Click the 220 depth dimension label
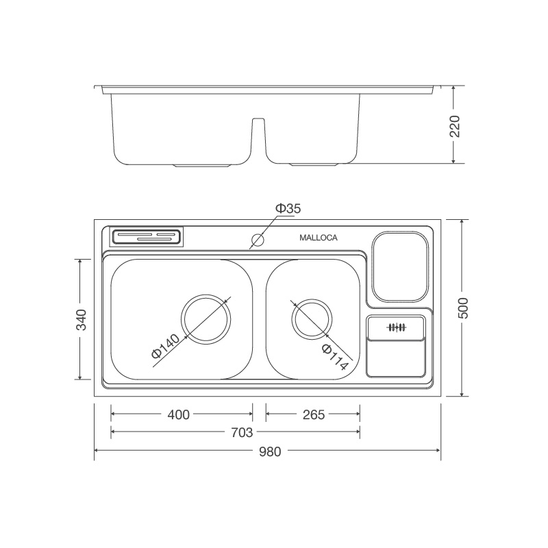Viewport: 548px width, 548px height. click(x=455, y=125)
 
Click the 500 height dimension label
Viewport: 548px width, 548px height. click(x=464, y=308)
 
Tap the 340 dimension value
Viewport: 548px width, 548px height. click(x=82, y=320)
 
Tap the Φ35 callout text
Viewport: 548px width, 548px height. click(x=288, y=208)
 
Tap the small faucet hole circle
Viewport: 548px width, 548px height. click(x=258, y=240)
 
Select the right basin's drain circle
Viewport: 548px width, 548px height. click(x=312, y=319)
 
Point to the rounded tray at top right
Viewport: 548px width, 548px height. click(x=400, y=267)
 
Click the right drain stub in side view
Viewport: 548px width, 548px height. click(x=314, y=165)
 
